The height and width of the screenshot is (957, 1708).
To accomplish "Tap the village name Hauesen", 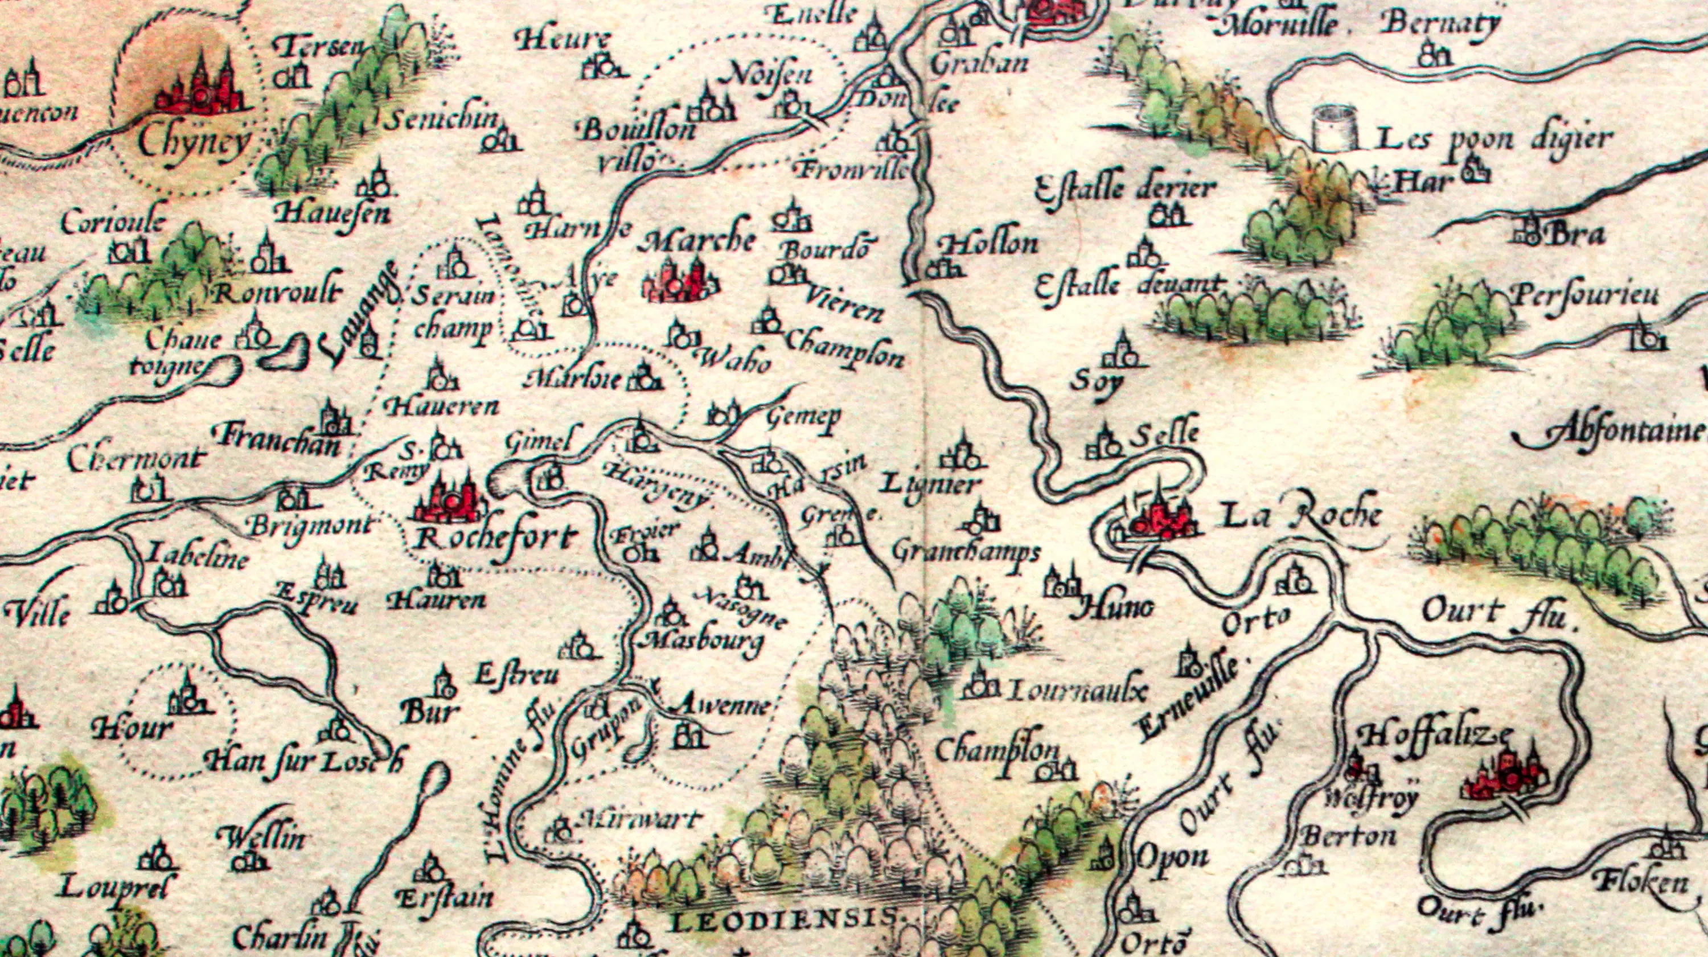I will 333,213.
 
